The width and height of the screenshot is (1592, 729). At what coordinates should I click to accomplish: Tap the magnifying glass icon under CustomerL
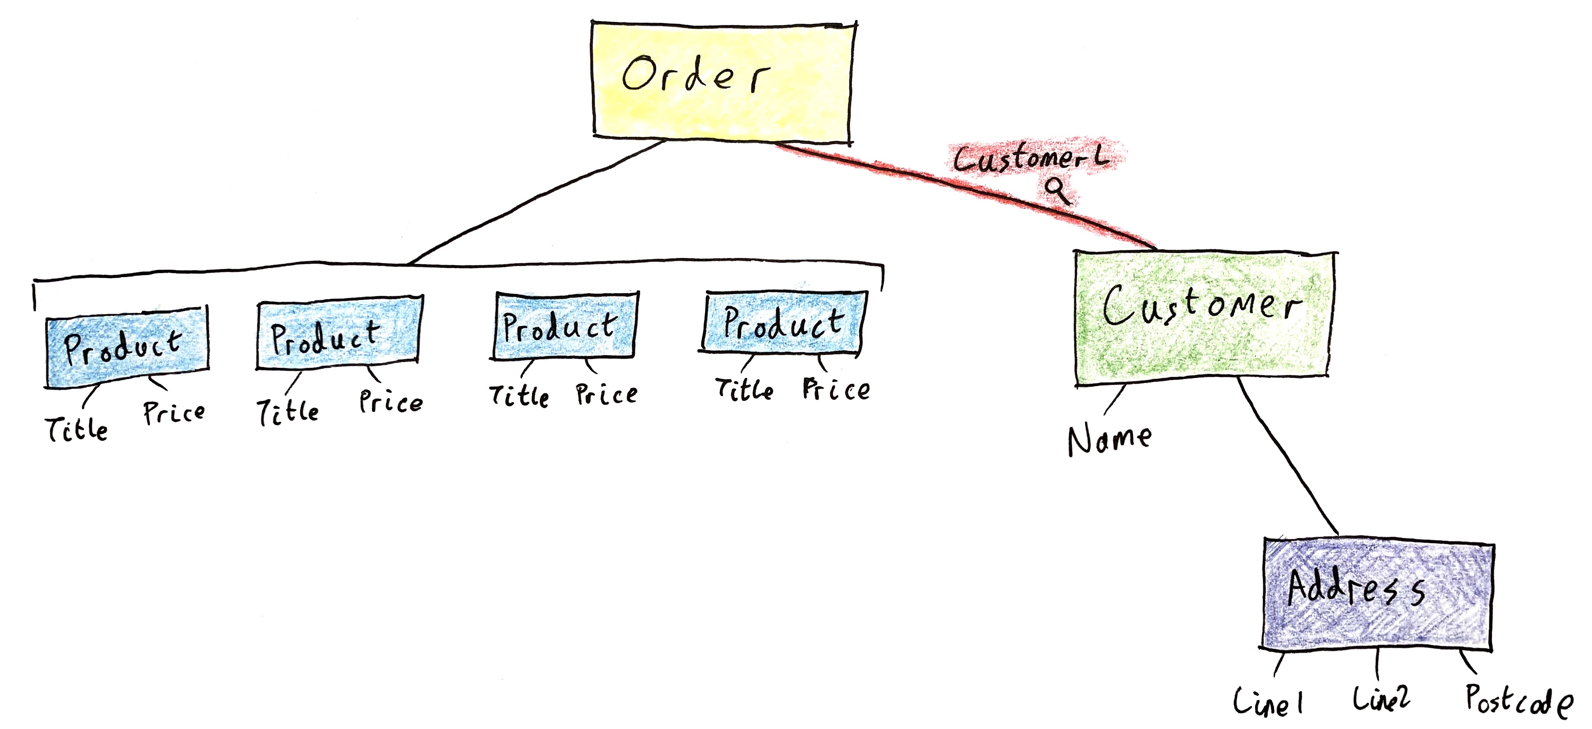point(1058,190)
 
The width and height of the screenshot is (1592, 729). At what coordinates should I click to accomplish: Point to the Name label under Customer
point(1110,439)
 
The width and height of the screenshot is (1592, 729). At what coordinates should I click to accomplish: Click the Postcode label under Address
point(1519,701)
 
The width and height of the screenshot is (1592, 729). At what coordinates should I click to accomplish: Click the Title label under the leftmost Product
point(77,428)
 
